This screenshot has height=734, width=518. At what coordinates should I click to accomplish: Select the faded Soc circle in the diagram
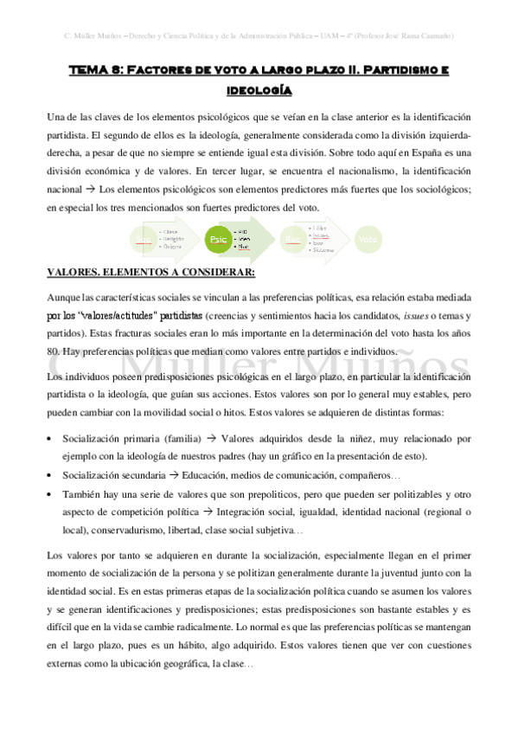(146, 238)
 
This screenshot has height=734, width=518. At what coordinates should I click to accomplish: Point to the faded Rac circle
(294, 238)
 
